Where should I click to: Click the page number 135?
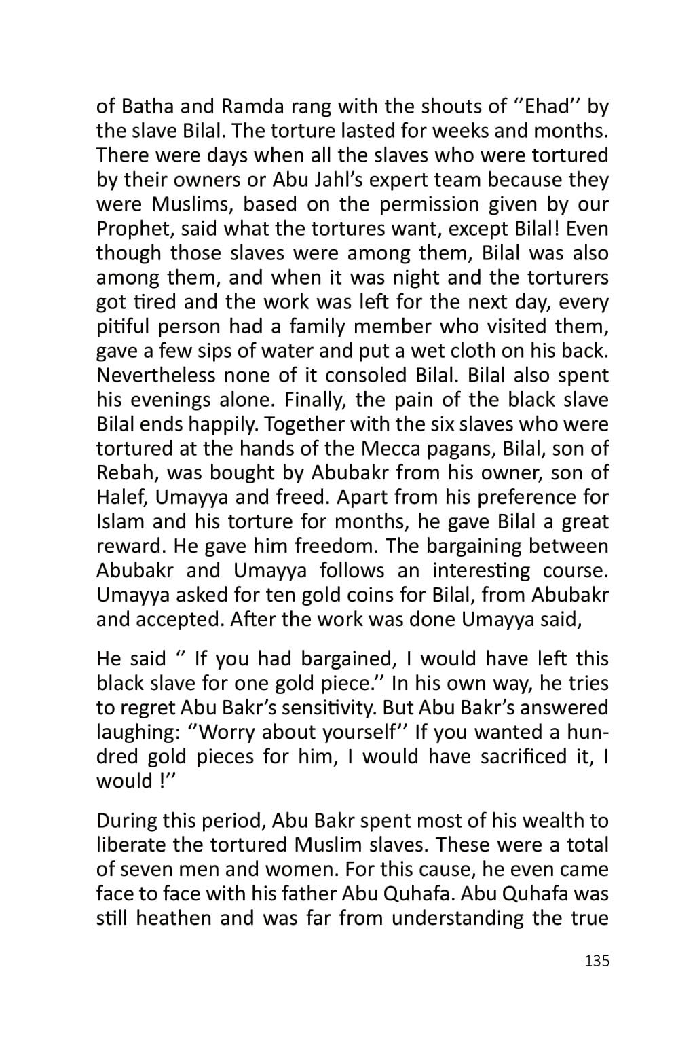point(597,961)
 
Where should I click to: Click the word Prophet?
point(127,229)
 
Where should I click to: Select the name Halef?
point(121,498)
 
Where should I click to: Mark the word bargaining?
point(471,547)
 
